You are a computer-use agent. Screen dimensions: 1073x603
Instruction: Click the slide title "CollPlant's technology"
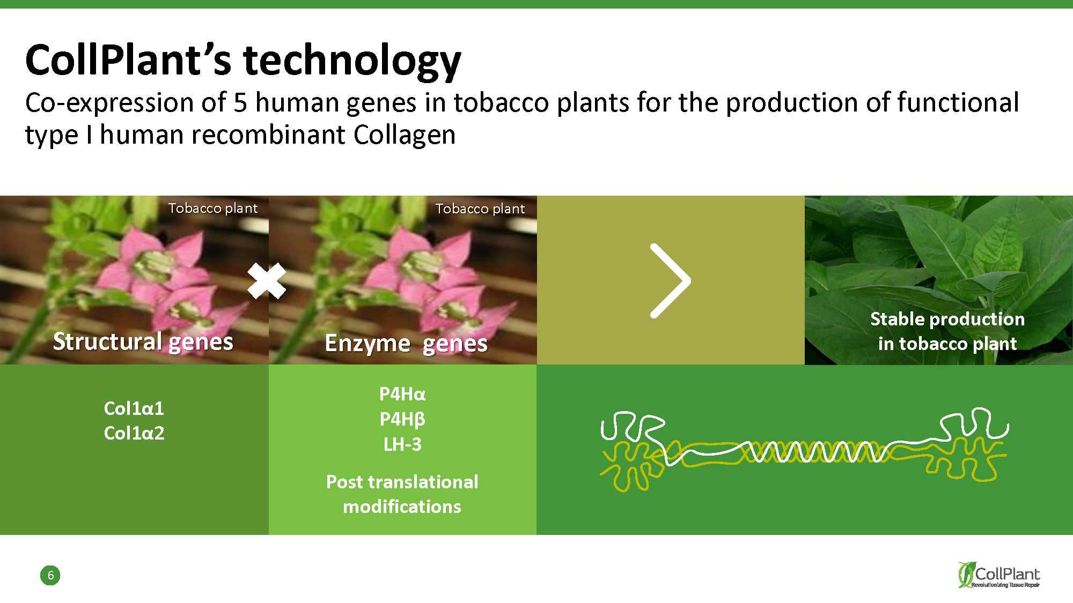coord(243,61)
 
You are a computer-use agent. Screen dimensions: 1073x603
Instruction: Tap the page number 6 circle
coord(50,575)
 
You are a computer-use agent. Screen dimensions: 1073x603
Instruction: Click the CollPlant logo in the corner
coord(999,575)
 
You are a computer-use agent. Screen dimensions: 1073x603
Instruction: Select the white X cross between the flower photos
coord(267,281)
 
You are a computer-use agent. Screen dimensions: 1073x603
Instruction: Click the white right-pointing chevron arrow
coord(670,281)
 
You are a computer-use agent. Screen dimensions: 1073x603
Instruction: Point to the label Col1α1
coord(134,408)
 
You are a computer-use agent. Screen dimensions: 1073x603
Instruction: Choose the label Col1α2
coord(134,433)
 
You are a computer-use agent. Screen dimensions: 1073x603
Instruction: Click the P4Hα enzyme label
coord(402,394)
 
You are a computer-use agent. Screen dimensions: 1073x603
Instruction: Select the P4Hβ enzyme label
coord(402,419)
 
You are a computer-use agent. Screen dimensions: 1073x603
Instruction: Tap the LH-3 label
coord(402,444)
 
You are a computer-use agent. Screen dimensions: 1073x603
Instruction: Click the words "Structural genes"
coord(143,341)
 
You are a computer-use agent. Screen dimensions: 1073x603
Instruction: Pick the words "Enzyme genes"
coord(406,343)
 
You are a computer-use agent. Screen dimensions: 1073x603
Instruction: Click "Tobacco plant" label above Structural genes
coord(213,208)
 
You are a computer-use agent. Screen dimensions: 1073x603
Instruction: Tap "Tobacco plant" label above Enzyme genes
coord(480,209)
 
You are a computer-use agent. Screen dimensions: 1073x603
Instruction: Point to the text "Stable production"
coord(947,319)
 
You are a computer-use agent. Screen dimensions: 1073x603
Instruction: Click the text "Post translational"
coord(402,482)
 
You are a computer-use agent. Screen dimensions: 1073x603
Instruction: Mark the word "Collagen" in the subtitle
coord(405,135)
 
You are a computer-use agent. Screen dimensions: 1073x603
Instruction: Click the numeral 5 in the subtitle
coord(240,102)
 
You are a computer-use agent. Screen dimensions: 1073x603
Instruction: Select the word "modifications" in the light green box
coord(402,507)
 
